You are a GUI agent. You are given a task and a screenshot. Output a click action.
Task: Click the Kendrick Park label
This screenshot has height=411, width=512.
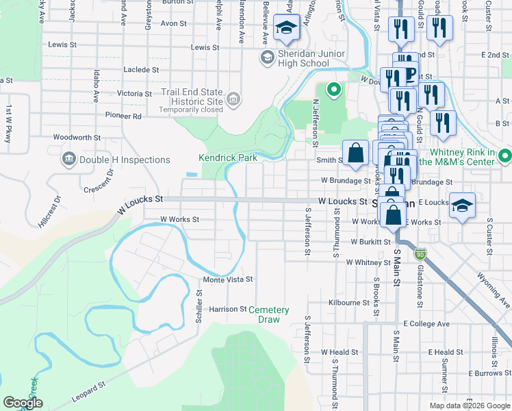coord(228,158)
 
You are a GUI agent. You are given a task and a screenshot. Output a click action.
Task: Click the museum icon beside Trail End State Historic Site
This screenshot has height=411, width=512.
coord(233,101)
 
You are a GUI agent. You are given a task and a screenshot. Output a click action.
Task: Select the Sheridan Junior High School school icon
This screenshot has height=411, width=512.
coord(266,58)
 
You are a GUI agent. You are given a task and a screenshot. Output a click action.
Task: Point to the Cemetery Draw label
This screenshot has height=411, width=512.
coord(269,314)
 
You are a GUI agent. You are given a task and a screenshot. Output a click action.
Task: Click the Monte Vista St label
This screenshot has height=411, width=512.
coord(228,279)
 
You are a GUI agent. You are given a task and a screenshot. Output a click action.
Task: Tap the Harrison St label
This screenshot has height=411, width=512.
coord(227,309)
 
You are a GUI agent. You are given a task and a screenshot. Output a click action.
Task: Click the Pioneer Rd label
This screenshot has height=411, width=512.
coord(123,116)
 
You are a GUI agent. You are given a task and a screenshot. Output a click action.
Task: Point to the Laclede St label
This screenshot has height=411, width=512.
coord(141,70)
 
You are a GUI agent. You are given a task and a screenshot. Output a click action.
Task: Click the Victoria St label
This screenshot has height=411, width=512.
coord(134,93)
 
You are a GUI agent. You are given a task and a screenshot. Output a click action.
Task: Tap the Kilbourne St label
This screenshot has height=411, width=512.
coord(348,302)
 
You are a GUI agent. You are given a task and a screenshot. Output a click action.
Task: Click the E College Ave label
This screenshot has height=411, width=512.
coord(426,323)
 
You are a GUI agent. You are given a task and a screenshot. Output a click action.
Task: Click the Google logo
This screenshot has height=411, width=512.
coord(23,403)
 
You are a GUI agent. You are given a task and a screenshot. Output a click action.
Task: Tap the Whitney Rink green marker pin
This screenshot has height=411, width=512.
coord(505,157)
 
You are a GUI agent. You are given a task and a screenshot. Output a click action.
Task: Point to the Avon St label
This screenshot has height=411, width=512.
coord(169,23)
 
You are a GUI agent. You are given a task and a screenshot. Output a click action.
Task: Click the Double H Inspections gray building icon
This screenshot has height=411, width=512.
coord(68,160)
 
